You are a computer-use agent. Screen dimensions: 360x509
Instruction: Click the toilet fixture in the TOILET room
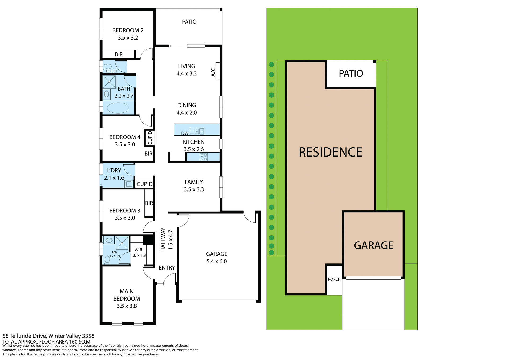107,66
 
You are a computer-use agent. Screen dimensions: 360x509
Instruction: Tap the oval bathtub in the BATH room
118,108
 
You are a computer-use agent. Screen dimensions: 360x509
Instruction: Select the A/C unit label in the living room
213,72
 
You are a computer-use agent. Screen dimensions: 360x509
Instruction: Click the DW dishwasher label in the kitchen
185,133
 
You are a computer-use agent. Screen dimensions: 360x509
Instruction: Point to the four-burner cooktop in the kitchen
204,157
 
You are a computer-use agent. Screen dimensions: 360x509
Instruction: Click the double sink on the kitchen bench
200,131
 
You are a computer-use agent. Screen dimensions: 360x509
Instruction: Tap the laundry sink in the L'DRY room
129,184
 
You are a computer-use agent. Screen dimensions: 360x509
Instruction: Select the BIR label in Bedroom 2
119,54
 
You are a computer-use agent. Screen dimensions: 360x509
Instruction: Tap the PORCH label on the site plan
334,279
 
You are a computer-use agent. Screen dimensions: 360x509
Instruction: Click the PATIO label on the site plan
351,73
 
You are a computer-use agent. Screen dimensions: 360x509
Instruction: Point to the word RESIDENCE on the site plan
330,152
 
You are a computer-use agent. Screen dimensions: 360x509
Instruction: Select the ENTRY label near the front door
167,268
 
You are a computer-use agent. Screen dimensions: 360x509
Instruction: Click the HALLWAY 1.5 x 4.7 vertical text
166,240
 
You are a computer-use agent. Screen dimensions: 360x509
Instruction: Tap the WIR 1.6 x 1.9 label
138,253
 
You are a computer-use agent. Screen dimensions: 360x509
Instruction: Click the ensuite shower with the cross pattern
122,243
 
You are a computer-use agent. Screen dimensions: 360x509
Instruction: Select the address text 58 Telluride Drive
48,336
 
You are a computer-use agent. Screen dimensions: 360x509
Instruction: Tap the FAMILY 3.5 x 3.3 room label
194,186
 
